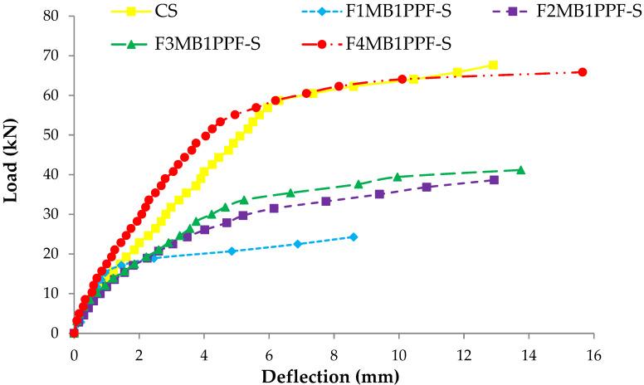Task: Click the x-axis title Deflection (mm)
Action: point(329,375)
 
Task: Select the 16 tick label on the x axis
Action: point(593,352)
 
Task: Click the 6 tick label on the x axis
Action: point(268,352)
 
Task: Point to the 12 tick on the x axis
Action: point(463,352)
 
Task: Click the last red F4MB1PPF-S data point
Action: point(582,72)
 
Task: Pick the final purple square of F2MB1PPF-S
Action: point(494,180)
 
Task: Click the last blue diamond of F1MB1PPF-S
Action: point(353,237)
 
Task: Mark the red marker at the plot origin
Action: point(74,333)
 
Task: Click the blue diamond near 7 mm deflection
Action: point(298,244)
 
